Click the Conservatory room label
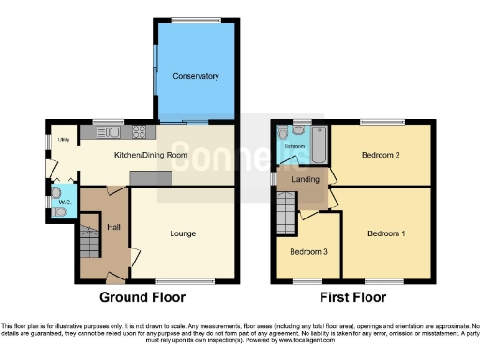click(196, 75)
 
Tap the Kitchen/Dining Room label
click(151, 155)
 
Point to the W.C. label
click(65, 201)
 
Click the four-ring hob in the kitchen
click(139, 132)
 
